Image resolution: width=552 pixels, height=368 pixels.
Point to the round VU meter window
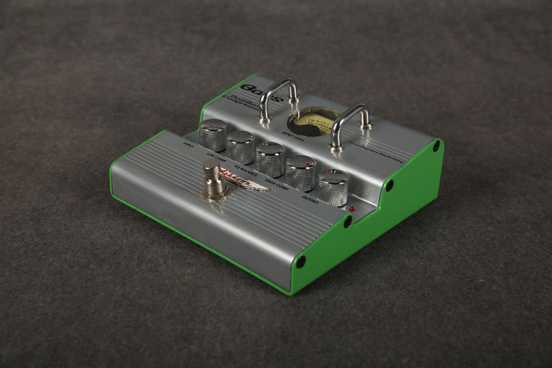314,121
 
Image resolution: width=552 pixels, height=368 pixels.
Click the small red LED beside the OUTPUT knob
352,210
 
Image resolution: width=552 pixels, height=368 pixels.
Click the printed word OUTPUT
310,200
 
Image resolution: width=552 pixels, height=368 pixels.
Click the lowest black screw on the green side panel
301,261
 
